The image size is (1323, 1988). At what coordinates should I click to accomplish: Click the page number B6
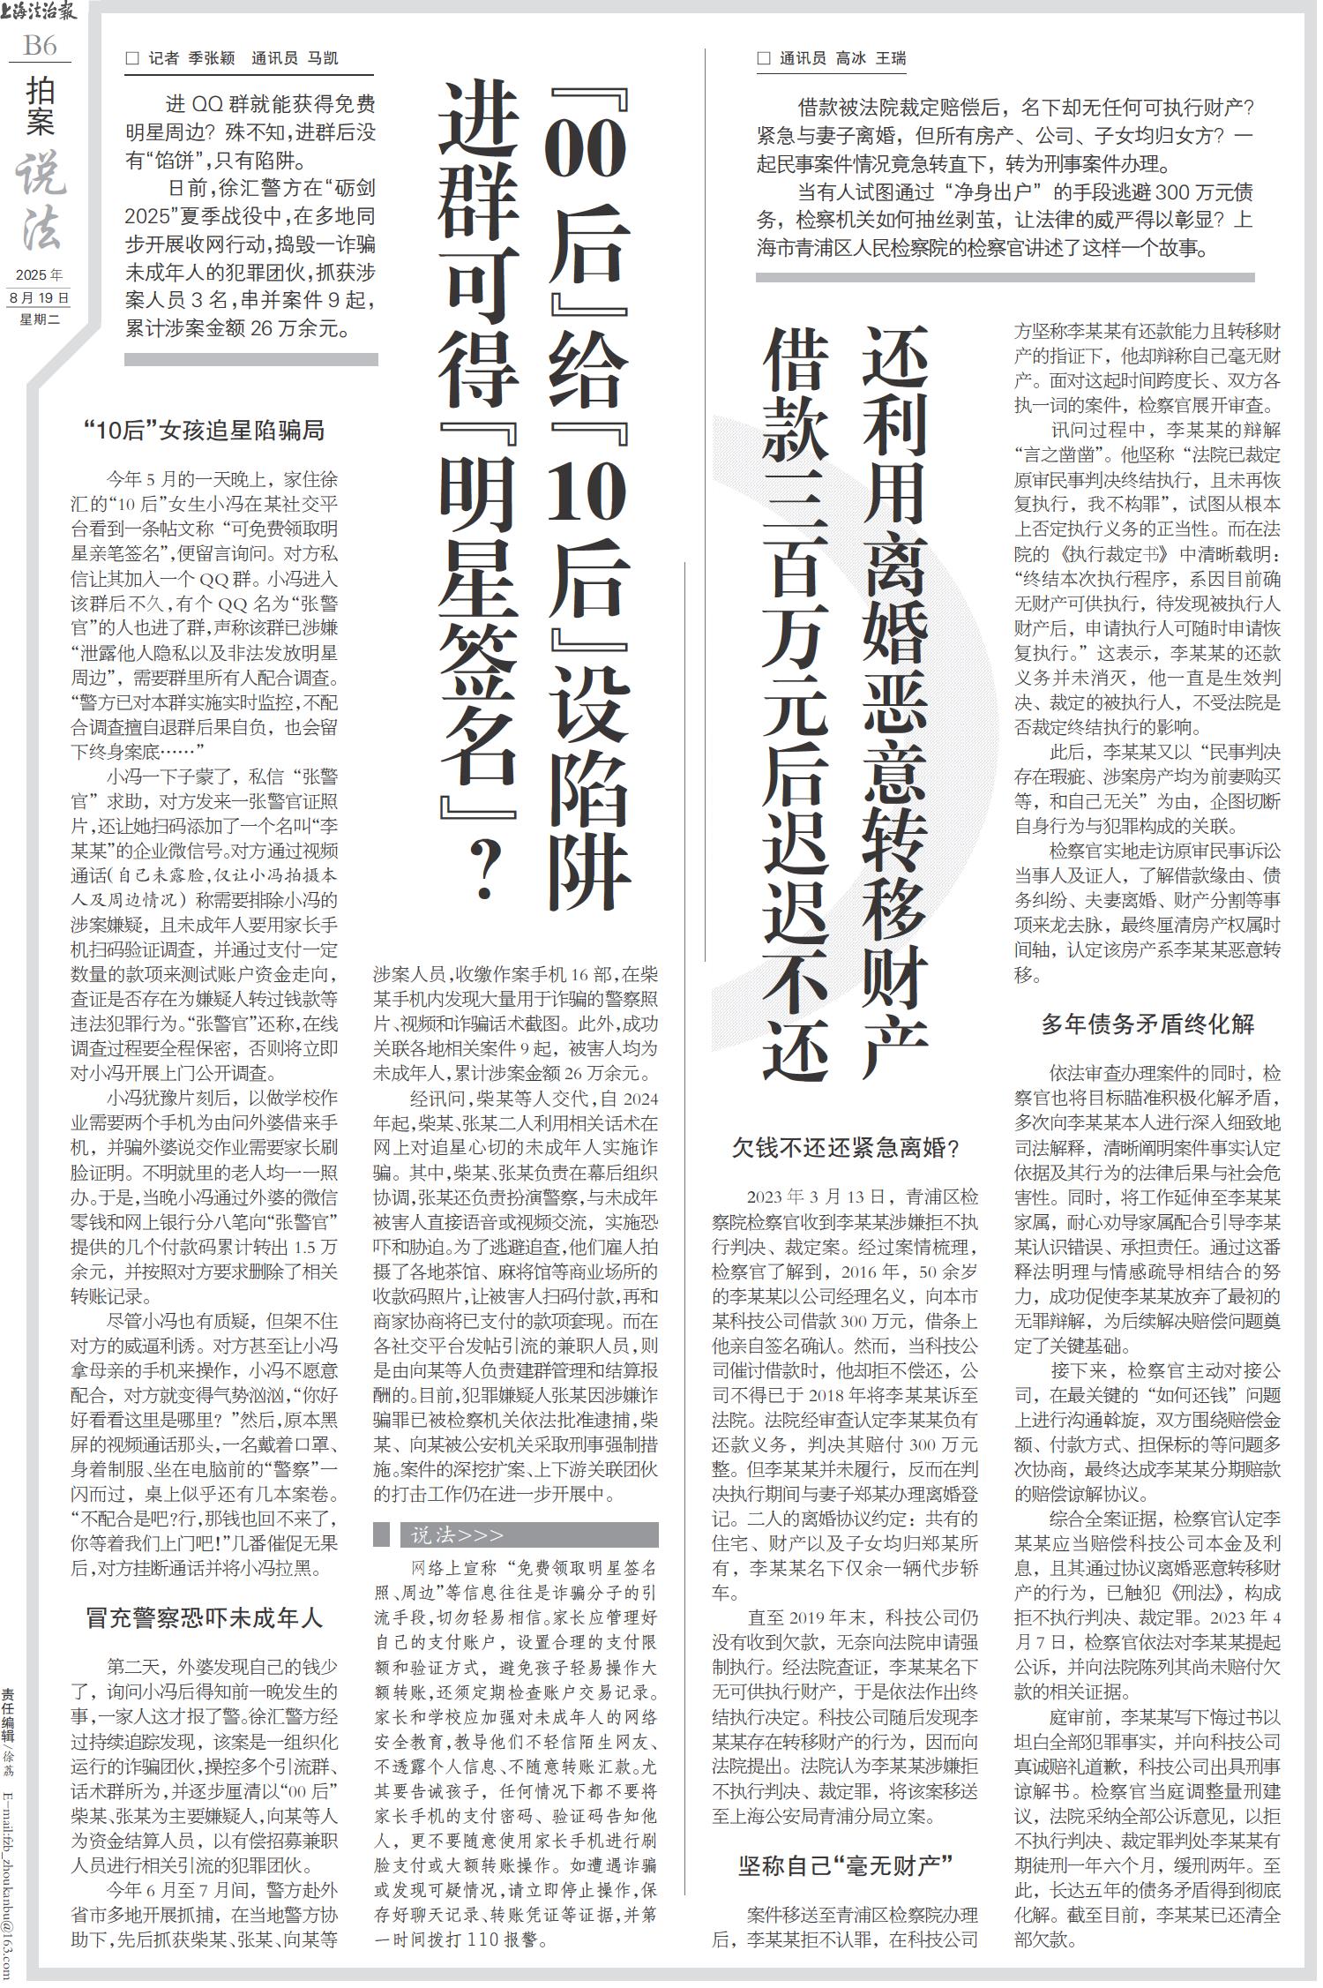[40, 45]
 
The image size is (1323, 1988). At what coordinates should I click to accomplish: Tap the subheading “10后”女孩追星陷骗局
[205, 431]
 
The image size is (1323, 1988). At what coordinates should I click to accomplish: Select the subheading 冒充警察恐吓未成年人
[205, 1617]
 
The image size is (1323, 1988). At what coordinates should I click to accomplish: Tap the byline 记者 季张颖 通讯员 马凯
[234, 59]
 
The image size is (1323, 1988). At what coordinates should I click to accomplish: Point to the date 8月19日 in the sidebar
[39, 298]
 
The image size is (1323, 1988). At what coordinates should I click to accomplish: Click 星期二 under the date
[39, 319]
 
